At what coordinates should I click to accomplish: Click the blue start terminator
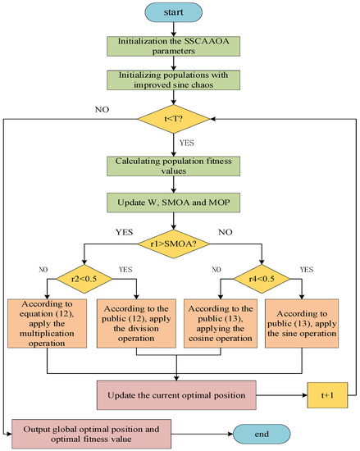173,12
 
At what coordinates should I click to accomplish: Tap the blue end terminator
262,434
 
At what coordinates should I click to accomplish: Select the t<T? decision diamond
173,119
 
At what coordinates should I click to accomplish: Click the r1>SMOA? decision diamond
173,244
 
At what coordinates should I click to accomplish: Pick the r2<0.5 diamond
84,279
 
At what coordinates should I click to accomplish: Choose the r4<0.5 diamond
262,279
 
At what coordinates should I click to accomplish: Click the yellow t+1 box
327,395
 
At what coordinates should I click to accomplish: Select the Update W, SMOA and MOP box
173,203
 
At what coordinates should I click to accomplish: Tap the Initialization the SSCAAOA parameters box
173,46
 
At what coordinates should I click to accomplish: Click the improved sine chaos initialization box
173,80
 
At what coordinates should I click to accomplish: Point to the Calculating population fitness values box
173,166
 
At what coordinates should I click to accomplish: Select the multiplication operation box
47,324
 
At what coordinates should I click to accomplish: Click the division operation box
136,324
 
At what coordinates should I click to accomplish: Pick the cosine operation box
221,324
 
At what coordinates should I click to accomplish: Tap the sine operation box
302,324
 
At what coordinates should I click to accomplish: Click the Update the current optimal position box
176,395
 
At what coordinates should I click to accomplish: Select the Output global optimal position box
92,434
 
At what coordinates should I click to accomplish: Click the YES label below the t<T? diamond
187,143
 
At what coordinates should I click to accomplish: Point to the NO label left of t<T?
102,110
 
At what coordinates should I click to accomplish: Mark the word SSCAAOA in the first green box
207,41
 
